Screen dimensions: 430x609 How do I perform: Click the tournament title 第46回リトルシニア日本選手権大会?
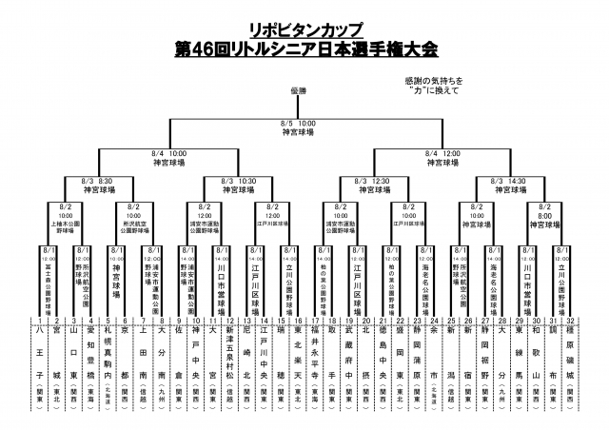tap(304, 48)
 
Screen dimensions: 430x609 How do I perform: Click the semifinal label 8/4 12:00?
tap(438, 152)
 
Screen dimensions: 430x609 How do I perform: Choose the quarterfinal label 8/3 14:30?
tap(504, 180)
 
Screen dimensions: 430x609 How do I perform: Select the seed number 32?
tap(570, 321)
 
